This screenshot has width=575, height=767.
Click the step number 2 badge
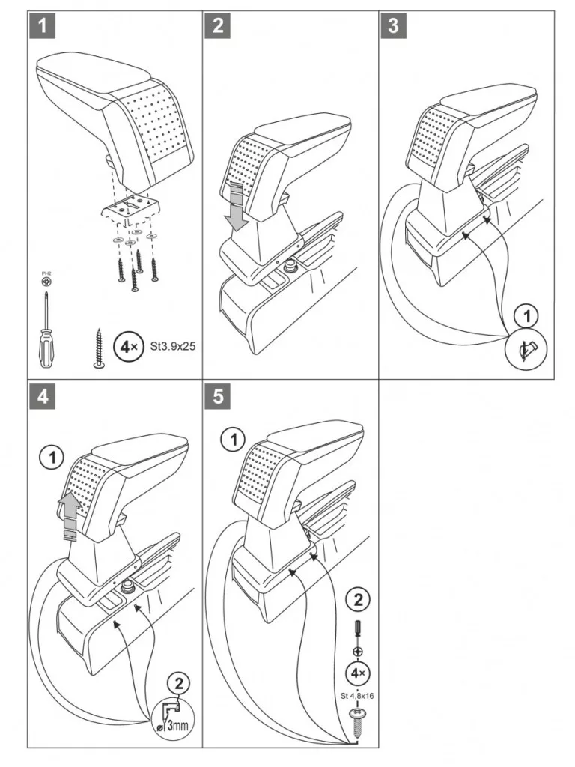[218, 25]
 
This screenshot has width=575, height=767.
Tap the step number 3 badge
[393, 25]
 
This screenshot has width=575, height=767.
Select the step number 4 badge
[43, 397]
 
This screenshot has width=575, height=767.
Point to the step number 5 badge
[218, 397]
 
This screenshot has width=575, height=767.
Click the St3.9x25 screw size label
[173, 347]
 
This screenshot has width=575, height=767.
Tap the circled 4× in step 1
[127, 348]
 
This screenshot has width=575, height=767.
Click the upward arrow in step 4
[69, 517]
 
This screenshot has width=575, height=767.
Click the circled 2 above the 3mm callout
[179, 682]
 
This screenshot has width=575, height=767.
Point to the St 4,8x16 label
[357, 694]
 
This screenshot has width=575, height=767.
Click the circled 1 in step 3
[529, 315]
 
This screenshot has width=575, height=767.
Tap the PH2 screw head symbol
[48, 281]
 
